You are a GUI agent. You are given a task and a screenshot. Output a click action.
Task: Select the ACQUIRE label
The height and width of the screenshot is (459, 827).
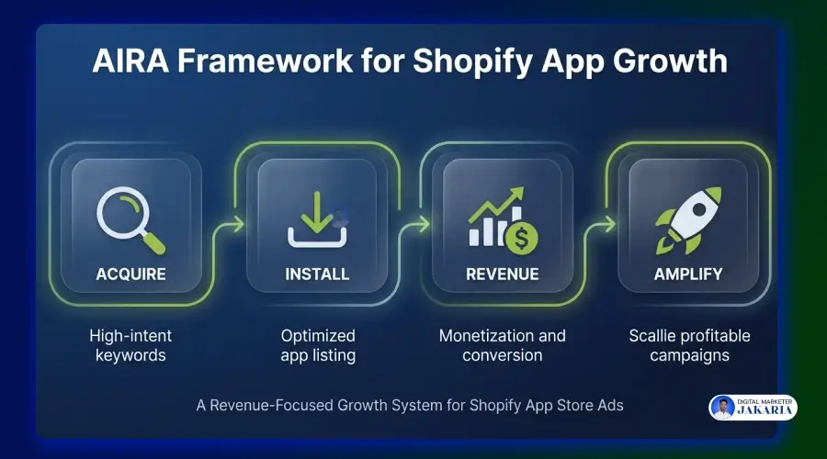coord(130,274)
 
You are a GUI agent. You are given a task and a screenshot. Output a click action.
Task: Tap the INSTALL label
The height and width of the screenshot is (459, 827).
coord(317,274)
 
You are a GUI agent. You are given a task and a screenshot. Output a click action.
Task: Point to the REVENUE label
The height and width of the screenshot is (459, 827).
coord(502,274)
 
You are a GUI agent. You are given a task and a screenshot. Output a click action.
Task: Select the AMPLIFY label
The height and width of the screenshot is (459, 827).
coord(687,274)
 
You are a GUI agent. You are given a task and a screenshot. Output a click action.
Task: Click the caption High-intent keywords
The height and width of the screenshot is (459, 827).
coord(130,345)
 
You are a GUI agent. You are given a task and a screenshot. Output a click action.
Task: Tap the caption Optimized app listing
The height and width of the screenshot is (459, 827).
coord(317,345)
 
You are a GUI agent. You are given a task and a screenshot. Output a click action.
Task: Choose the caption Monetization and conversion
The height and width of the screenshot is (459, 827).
coord(502,345)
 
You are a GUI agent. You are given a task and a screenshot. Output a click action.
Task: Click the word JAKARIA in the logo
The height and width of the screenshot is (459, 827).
coord(765,413)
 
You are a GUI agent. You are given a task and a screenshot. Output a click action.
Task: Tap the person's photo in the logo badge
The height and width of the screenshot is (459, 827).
coord(723,408)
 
